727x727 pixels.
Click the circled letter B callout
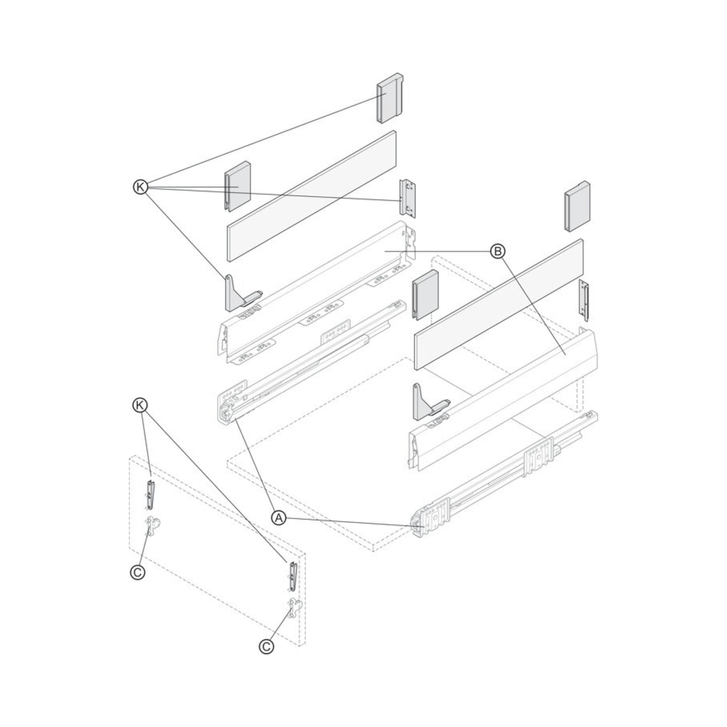(498, 251)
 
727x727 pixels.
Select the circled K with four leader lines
(141, 187)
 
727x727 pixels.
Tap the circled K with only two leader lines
(140, 405)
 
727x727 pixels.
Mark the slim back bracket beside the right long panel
(584, 300)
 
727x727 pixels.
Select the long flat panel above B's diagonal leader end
(499, 304)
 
